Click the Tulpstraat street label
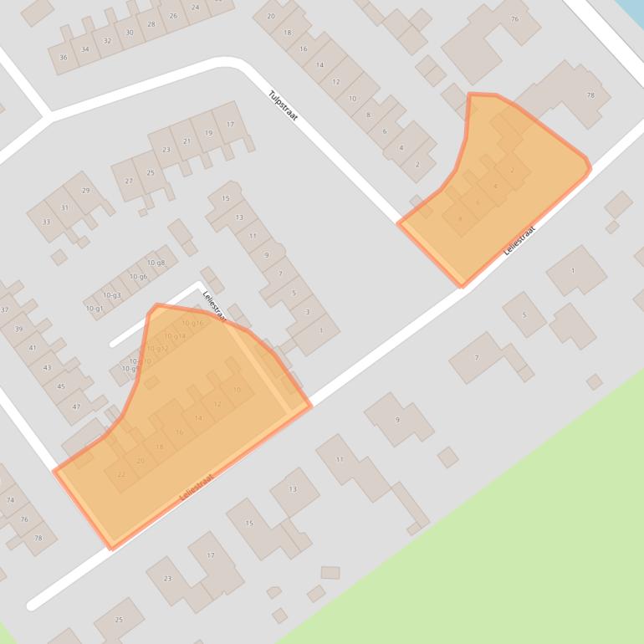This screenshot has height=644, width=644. (x=283, y=105)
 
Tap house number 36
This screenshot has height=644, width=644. (x=64, y=58)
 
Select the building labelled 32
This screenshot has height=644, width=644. (x=107, y=41)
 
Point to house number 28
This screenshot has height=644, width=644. (x=151, y=24)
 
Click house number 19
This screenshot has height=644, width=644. (x=208, y=133)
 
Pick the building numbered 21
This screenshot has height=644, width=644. (x=187, y=141)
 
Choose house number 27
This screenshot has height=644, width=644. (x=129, y=181)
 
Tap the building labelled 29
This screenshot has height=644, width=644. (x=85, y=191)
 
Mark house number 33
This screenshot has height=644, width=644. (x=46, y=222)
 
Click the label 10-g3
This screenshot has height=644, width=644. (x=112, y=295)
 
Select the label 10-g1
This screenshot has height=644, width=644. (x=95, y=309)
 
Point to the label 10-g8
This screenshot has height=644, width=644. (x=156, y=263)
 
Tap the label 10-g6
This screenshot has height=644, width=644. (x=138, y=277)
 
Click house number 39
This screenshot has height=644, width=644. (x=18, y=329)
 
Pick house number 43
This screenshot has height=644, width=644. (x=47, y=367)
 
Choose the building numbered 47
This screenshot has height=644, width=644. (x=76, y=406)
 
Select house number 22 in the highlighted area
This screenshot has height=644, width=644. (x=121, y=475)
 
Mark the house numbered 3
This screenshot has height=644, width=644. (x=307, y=312)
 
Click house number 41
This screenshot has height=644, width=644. (x=33, y=348)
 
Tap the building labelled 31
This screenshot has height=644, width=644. (x=65, y=207)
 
